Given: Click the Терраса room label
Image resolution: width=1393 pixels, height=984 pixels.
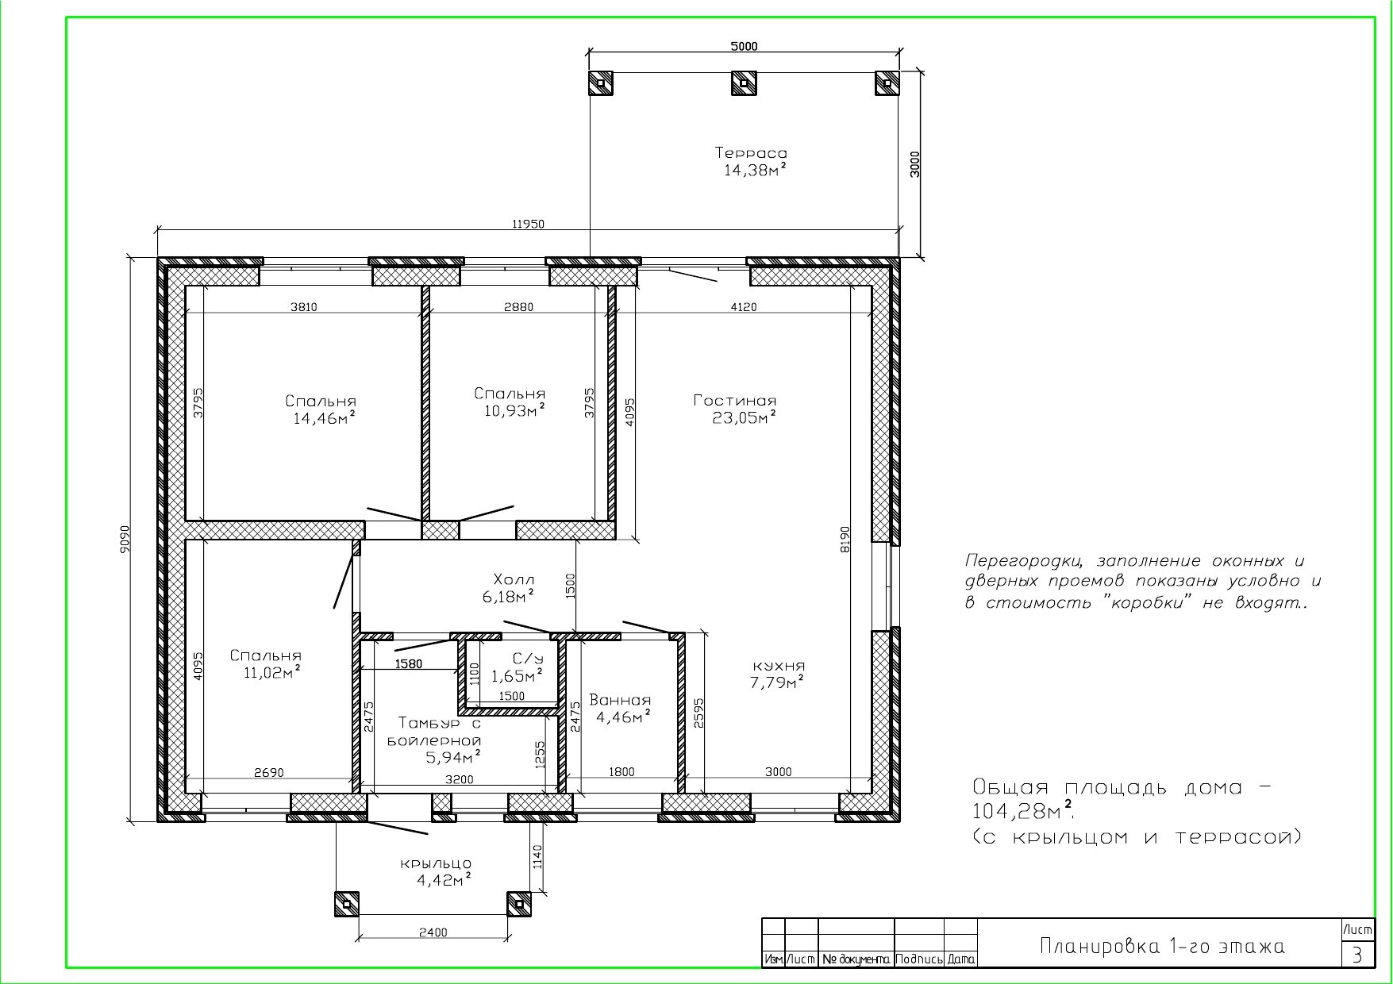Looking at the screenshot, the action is coord(751,152).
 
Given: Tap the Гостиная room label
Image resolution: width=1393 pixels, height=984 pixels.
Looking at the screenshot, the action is coord(735,401).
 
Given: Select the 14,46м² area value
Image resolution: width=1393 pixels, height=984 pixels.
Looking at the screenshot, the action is coord(324,417).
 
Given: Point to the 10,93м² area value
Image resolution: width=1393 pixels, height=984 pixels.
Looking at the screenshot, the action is coord(514,409).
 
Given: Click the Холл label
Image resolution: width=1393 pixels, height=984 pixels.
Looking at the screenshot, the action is coord(514,579).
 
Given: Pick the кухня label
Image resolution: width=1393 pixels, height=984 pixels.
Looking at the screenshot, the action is coord(779,666).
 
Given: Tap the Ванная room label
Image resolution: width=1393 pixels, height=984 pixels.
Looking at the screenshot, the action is coord(620,701).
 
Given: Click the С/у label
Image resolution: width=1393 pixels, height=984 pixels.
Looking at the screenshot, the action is coord(528,659).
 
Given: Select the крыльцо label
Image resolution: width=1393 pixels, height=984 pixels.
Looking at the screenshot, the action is coord(436,863).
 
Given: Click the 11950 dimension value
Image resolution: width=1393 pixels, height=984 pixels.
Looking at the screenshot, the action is coord(528,224).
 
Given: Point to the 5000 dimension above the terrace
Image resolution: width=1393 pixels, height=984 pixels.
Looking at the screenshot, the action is coord(744,46).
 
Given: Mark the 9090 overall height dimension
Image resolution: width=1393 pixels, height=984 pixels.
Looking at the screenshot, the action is coord(125,539).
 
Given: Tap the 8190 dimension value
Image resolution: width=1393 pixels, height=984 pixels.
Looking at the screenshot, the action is coord(845,540).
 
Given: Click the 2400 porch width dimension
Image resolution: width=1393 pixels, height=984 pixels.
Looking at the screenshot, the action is coord(433,932).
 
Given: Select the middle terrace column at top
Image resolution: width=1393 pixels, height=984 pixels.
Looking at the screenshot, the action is coord(743,83).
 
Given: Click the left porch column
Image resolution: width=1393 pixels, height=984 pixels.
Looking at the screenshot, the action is coord(346,903).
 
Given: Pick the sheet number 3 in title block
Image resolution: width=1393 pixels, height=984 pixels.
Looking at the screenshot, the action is coord(1358,955).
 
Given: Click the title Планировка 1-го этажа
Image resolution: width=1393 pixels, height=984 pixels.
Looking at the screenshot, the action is coord(1162,947).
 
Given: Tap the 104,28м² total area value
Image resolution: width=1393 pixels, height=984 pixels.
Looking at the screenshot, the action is coord(1025,811).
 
